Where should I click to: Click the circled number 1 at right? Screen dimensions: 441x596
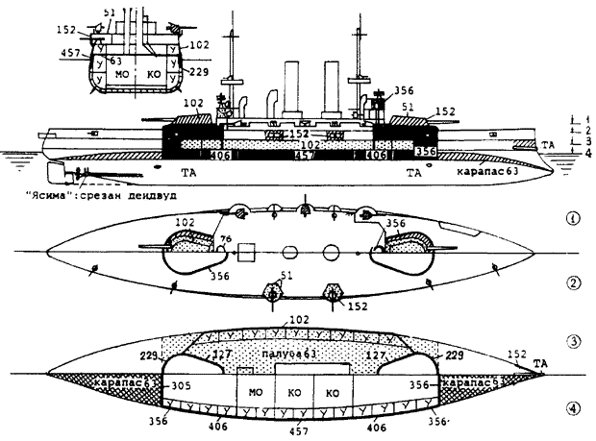tap(574, 218)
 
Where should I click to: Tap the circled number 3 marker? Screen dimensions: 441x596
tap(574, 342)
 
